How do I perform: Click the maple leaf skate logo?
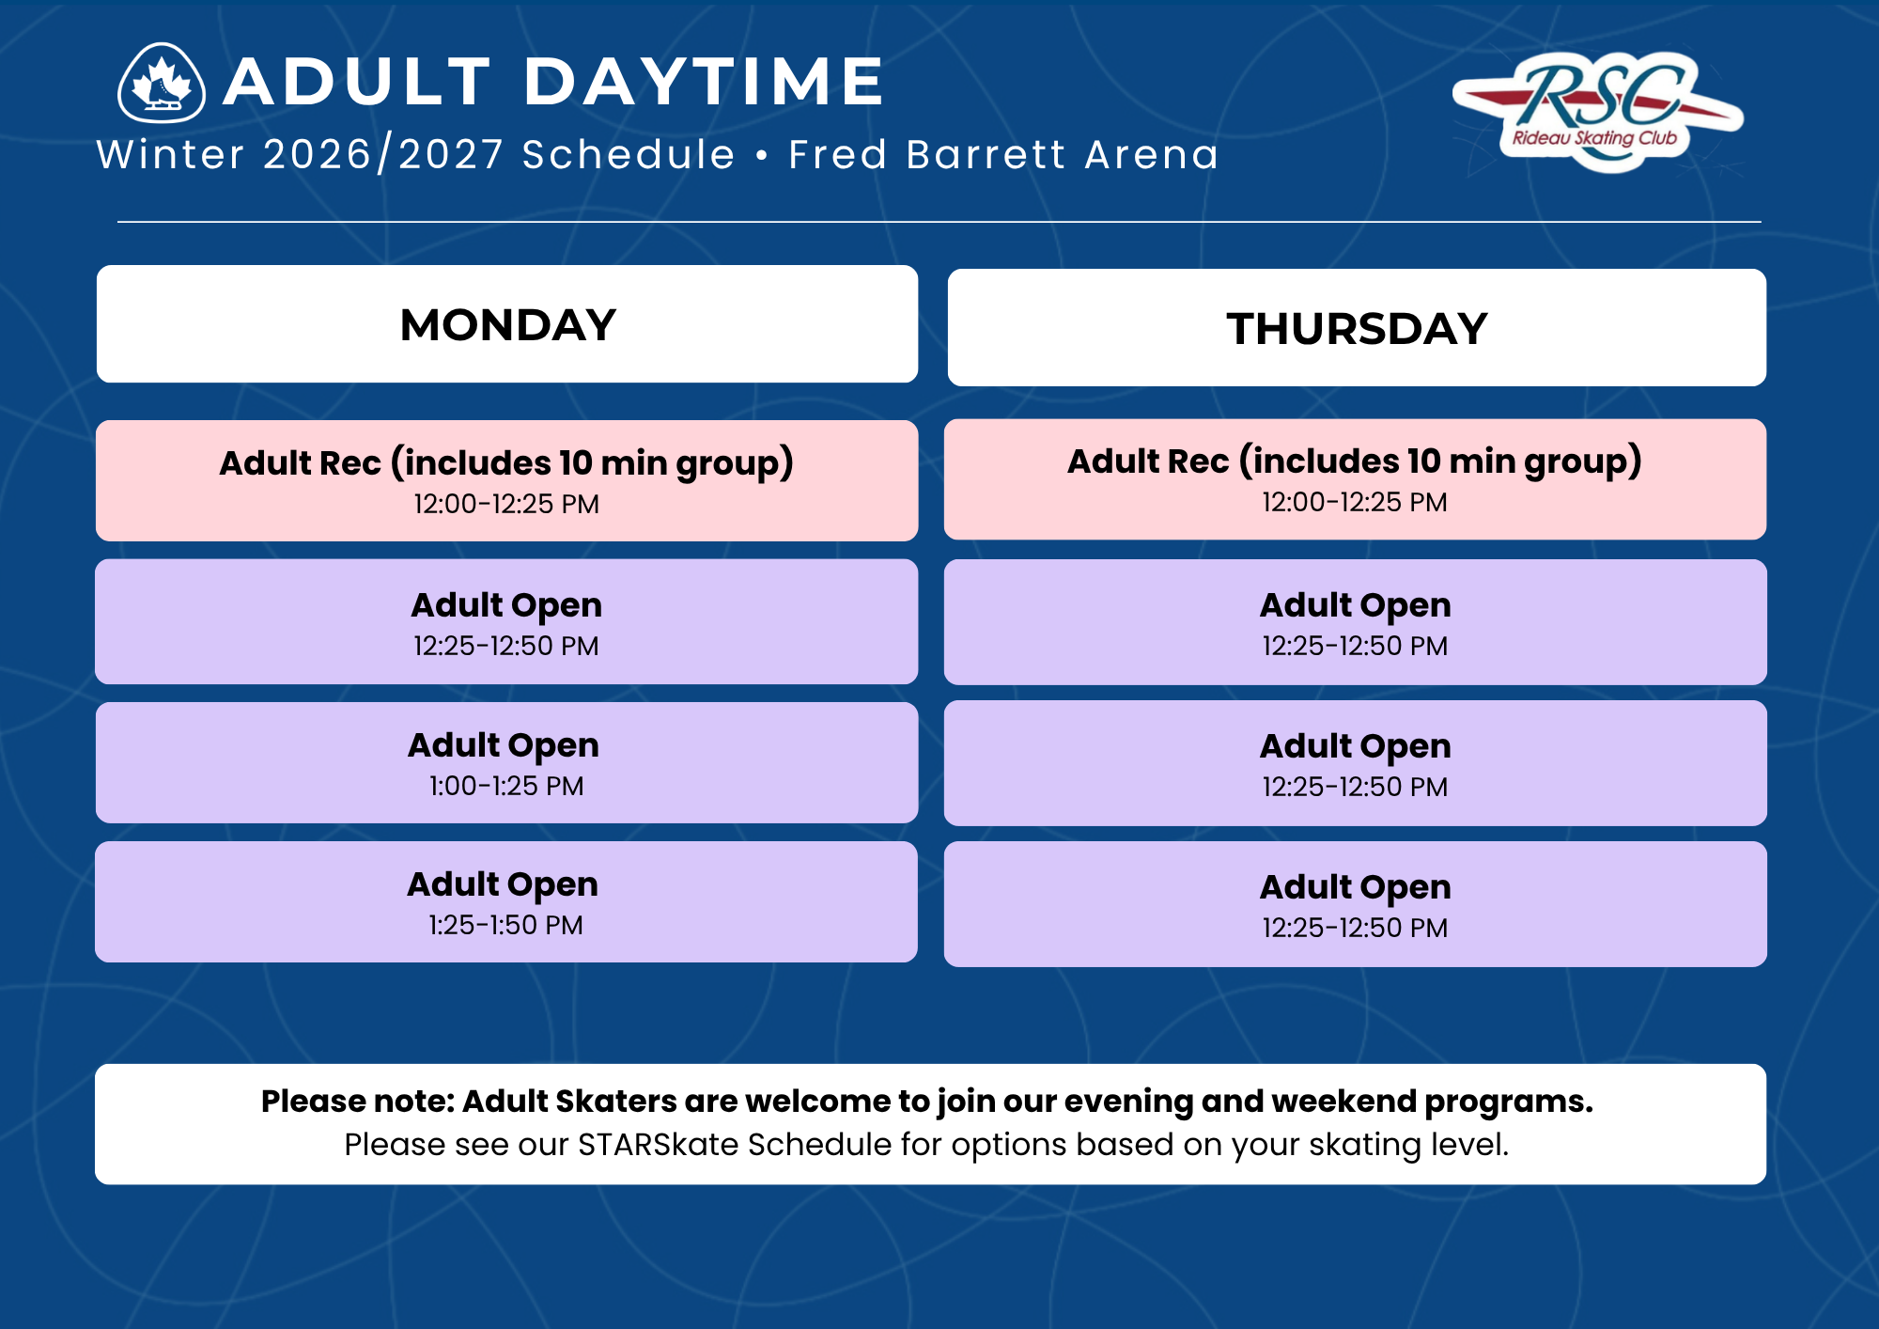click(x=162, y=83)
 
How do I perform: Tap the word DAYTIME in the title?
click(x=704, y=81)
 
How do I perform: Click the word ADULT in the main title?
click(x=357, y=81)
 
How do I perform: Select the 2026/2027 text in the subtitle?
click(x=383, y=154)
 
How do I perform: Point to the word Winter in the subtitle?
click(x=171, y=154)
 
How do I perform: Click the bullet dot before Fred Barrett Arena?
click(x=762, y=155)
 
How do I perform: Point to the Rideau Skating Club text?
click(x=1594, y=138)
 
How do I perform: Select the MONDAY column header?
click(x=507, y=325)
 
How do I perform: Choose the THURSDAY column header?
click(x=1357, y=329)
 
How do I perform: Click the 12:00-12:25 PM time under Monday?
click(x=506, y=505)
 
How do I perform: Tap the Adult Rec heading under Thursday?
click(x=1355, y=461)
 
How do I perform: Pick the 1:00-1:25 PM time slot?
click(x=506, y=787)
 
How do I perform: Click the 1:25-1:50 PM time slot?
click(x=505, y=926)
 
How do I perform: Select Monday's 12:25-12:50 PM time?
click(x=506, y=647)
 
